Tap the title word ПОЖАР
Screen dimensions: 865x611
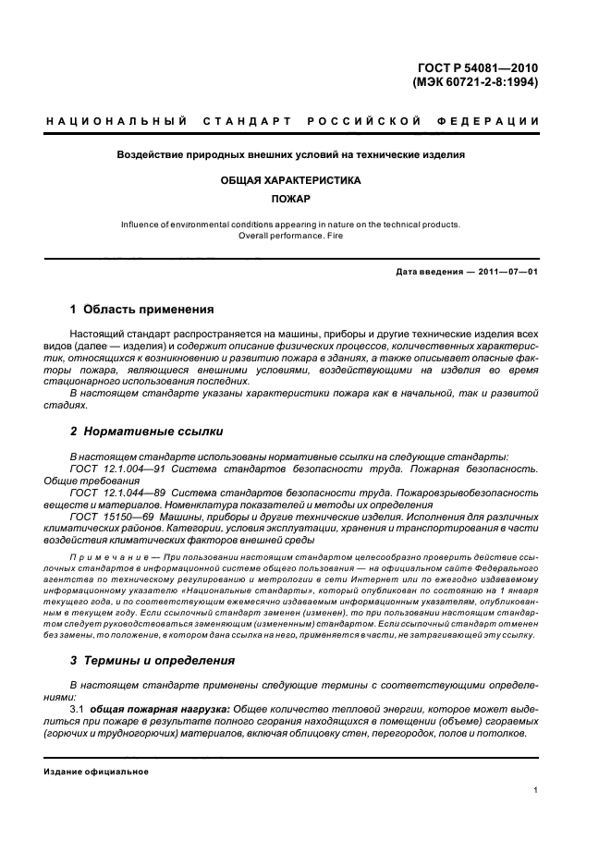point(290,199)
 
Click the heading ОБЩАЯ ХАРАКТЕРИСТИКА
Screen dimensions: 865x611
point(290,180)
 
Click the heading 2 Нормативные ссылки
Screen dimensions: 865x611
point(146,431)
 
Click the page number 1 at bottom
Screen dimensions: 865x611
point(536,790)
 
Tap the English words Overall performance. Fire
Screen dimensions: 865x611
point(290,235)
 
